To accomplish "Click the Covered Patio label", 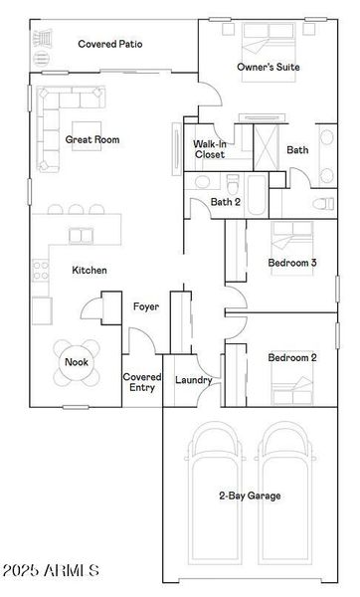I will (x=110, y=44).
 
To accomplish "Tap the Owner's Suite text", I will (x=268, y=67).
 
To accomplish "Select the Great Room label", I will (x=92, y=140).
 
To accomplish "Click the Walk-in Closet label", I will (x=209, y=149).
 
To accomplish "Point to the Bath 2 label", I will (x=225, y=202).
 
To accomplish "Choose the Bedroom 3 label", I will (x=292, y=263).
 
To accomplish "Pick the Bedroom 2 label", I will (x=291, y=357).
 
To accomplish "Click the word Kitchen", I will (x=90, y=270).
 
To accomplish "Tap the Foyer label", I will (x=146, y=306).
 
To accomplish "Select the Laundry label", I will (x=194, y=380).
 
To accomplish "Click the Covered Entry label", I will (x=141, y=383).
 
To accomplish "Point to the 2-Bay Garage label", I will (x=249, y=495).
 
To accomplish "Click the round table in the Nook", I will (x=77, y=362).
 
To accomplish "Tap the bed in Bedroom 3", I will (x=292, y=237).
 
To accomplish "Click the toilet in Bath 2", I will (x=232, y=184).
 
